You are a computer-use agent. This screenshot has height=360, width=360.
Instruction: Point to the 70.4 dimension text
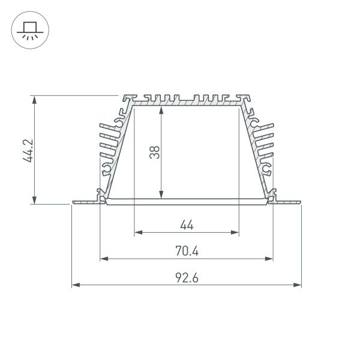coord(187,252)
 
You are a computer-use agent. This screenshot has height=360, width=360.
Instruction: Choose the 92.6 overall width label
coord(187,278)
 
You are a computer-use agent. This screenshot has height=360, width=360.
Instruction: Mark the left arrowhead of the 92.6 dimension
coord(75,285)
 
